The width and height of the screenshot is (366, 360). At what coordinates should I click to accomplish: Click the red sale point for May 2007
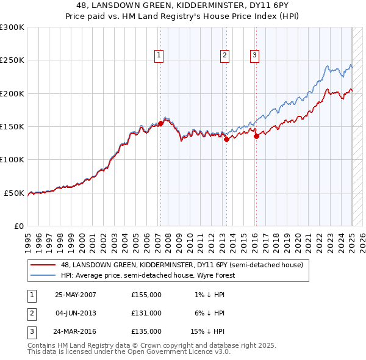[x=160, y=123]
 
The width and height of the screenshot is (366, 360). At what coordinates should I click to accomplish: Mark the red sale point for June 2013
[x=226, y=139]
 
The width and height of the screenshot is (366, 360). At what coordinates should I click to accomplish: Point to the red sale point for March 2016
[x=256, y=137]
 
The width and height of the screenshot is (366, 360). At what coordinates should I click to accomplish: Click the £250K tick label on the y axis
[x=12, y=60]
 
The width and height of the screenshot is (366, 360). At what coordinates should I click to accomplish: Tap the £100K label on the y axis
[x=12, y=159]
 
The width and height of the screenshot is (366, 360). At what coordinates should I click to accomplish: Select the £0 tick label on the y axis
[x=18, y=226]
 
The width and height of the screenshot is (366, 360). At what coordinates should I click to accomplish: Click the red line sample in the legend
[x=43, y=265]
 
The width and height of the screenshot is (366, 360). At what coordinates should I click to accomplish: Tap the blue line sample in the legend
[x=43, y=276]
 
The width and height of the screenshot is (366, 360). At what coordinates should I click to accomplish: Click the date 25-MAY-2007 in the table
[x=76, y=295]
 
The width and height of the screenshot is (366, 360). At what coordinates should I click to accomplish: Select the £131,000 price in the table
[x=146, y=313]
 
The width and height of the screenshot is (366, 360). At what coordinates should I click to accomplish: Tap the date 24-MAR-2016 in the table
[x=76, y=331]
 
